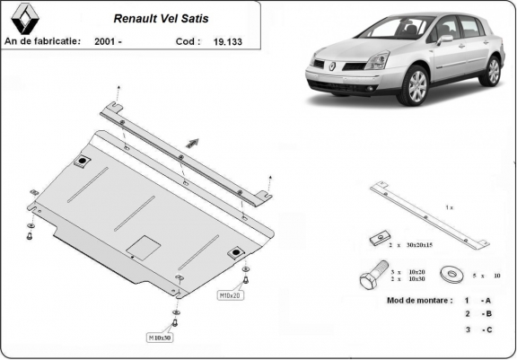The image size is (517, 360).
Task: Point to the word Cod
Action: coord(187,41)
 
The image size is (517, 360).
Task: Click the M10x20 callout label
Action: coord(230,294)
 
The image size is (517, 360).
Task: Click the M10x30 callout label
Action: coord(161,338)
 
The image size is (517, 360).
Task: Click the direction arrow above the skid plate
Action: coord(192,141)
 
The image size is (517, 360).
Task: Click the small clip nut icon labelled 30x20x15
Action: coord(376,240)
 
